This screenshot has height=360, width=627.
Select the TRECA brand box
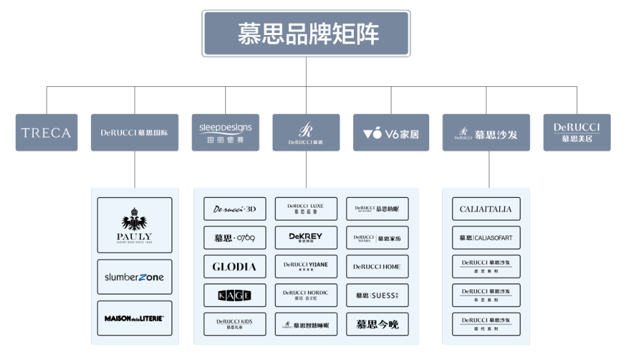click(x=46, y=133)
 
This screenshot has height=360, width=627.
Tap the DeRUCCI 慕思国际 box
click(x=134, y=133)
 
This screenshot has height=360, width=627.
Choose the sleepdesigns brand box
click(x=225, y=133)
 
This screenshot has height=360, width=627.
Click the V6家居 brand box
click(x=391, y=133)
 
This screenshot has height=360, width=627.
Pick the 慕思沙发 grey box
click(x=486, y=133)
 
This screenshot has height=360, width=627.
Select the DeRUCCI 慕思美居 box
click(x=576, y=133)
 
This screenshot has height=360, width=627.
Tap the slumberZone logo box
click(x=134, y=277)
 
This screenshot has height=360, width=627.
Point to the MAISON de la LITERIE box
click(x=134, y=318)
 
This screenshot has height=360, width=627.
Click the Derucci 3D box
click(x=234, y=209)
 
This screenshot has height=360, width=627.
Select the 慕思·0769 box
click(x=234, y=238)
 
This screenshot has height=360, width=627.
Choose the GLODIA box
click(x=234, y=267)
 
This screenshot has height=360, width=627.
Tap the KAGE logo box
click(x=234, y=296)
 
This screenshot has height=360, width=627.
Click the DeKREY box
click(x=306, y=238)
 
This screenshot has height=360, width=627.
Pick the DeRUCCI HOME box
click(x=377, y=267)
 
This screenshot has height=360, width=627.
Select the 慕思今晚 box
click(x=377, y=324)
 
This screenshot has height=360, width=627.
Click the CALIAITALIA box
click(x=486, y=209)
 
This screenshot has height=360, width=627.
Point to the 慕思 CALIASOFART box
click(x=486, y=238)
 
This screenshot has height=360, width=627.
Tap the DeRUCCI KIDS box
click(x=234, y=324)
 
